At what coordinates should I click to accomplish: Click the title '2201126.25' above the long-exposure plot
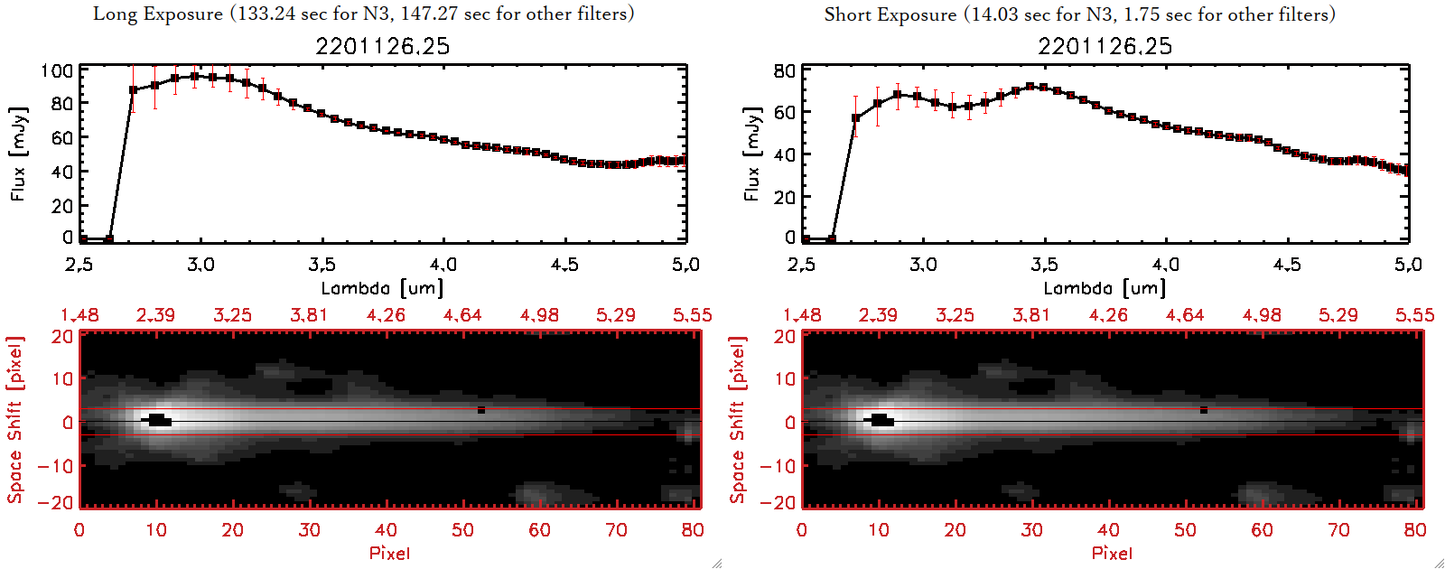coord(382,46)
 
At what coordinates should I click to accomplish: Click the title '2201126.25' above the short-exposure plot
coord(1105,46)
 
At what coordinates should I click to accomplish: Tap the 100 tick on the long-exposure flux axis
coord(57,70)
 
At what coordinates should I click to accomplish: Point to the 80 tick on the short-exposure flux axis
coord(784,70)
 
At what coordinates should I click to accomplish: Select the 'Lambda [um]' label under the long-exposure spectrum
coord(382,288)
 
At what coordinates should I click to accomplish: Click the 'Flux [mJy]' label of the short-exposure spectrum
coord(751,154)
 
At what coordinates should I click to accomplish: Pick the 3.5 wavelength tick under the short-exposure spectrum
coord(1043,265)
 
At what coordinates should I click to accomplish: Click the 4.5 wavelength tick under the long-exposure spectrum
coord(564,265)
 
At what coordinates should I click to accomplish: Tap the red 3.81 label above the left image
coord(309,315)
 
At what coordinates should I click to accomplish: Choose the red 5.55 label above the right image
coord(1414,315)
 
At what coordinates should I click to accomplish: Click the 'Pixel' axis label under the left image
coord(389,553)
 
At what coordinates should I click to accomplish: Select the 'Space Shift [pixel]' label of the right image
coord(738,420)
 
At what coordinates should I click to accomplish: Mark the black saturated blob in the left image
coord(157,420)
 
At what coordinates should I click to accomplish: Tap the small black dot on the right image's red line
coord(1204,410)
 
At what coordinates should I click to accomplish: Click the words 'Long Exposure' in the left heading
coord(158,14)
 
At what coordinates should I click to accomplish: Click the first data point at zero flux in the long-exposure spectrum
coord(83,239)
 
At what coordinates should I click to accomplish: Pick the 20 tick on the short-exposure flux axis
coord(785,197)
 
